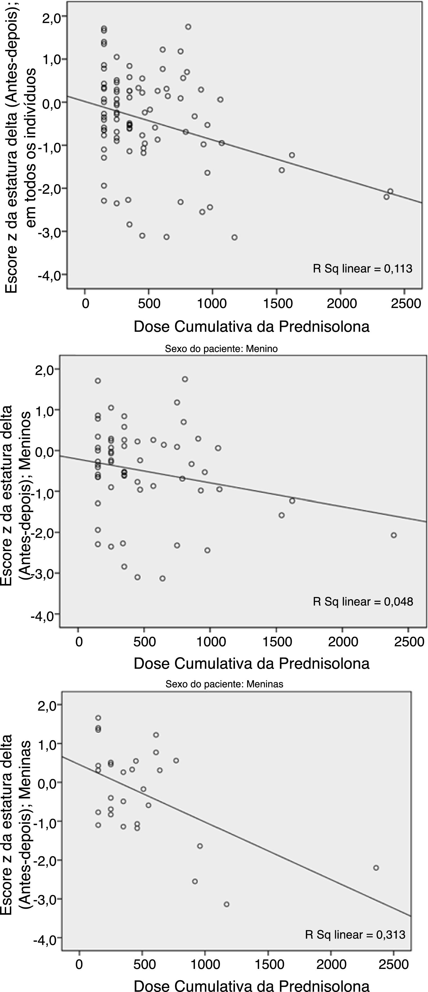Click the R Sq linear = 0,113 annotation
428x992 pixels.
pos(362,268)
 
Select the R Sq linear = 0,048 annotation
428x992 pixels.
pos(362,601)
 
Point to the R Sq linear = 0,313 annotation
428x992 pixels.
pos(355,934)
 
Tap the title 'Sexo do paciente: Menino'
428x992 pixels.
pos(221,349)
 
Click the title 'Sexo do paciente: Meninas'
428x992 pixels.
pos(224,684)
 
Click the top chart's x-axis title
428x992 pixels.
pos(251,327)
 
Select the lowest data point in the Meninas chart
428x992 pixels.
pos(226,904)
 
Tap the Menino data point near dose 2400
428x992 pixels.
pos(394,535)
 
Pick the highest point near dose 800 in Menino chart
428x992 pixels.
pos(185,379)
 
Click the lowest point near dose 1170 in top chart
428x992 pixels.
pos(234,237)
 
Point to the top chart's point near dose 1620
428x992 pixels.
pos(292,155)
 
